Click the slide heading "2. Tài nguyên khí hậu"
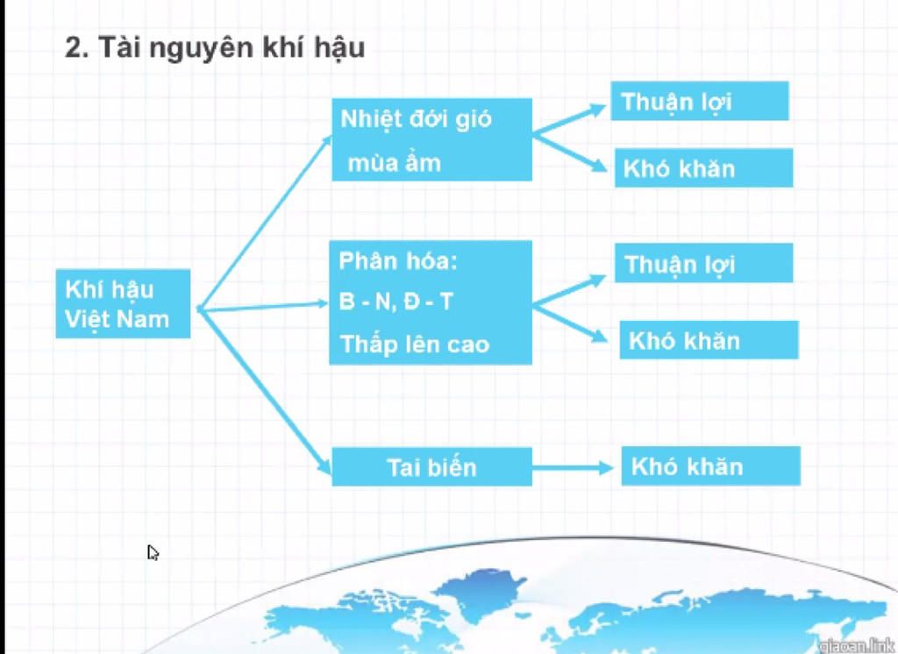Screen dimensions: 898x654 click(215, 47)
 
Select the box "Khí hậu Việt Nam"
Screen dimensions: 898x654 click(123, 303)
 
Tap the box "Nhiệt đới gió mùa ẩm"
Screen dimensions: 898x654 click(431, 139)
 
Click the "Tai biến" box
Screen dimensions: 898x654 click(431, 466)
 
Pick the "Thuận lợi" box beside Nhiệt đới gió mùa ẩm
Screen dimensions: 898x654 click(699, 102)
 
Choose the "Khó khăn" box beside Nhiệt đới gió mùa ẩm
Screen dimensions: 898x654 click(704, 167)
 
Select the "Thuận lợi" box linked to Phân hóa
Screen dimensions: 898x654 click(704, 263)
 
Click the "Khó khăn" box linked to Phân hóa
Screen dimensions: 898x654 click(709, 339)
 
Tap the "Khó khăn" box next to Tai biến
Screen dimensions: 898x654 click(710, 466)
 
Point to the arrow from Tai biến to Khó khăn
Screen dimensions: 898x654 click(573, 468)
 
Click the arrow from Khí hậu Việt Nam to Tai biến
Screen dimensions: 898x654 click(265, 392)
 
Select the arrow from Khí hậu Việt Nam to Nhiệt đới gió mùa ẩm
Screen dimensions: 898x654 click(265, 223)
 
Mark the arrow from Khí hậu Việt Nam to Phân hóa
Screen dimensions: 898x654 click(262, 306)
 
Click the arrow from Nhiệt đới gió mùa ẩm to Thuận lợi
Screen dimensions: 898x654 click(569, 119)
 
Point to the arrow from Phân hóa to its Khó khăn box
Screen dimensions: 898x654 click(570, 323)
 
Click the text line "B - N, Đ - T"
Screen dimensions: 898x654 click(396, 302)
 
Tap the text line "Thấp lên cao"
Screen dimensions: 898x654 click(415, 345)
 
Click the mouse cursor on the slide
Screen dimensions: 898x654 click(153, 552)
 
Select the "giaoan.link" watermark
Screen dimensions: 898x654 click(858, 645)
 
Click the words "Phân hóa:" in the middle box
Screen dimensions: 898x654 click(398, 261)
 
